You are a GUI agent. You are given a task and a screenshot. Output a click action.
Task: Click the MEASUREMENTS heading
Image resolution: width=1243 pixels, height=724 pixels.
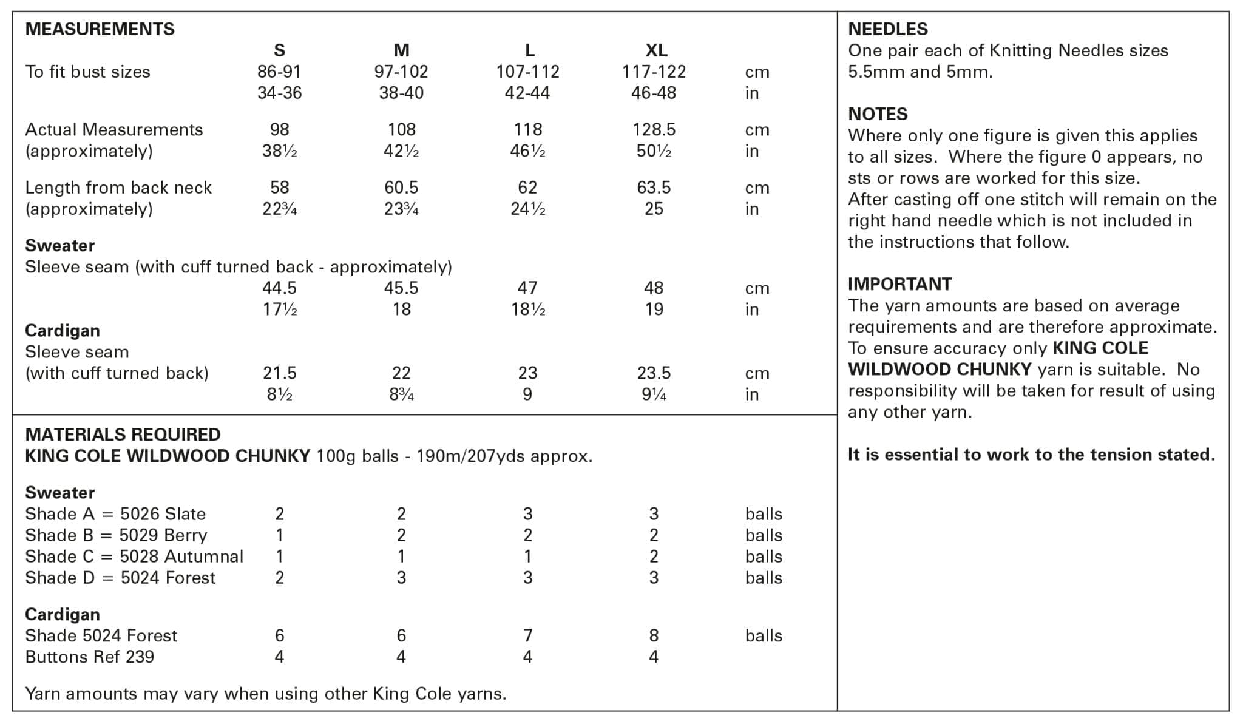(x=100, y=29)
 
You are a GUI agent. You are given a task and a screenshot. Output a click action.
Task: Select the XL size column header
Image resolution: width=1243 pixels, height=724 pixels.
(x=656, y=50)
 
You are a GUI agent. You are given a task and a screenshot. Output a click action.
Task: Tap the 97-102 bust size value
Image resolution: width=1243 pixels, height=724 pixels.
(x=401, y=72)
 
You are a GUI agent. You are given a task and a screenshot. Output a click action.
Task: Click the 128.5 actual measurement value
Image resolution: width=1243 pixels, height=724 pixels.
(x=654, y=129)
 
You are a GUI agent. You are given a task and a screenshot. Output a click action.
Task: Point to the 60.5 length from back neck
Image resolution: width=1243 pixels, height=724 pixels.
(x=401, y=187)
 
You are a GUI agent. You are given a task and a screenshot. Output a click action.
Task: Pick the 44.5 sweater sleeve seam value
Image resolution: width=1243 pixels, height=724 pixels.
(x=279, y=288)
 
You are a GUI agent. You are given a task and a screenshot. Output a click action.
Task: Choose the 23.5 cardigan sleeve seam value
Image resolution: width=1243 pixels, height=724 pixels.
(x=654, y=373)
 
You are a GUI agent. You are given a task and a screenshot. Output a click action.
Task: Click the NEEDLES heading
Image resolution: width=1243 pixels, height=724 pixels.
(x=887, y=29)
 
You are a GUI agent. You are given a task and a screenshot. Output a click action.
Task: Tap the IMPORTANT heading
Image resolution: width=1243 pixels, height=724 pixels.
(x=899, y=284)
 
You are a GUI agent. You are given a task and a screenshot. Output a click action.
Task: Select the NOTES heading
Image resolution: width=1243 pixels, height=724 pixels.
(x=878, y=114)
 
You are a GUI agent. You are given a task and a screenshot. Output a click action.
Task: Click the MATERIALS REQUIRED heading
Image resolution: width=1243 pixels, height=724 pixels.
(x=123, y=435)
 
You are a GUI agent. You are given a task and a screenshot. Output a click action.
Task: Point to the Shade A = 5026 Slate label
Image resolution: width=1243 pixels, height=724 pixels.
(x=115, y=514)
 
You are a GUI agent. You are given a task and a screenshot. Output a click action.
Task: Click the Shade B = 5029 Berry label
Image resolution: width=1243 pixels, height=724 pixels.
(x=116, y=535)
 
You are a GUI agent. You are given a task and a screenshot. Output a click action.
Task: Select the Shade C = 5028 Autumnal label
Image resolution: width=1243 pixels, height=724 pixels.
(x=134, y=557)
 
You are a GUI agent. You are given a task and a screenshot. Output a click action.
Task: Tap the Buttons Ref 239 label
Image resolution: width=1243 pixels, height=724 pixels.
(x=90, y=657)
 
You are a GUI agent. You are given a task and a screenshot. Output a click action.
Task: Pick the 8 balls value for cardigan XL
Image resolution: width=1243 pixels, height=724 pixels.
(x=654, y=635)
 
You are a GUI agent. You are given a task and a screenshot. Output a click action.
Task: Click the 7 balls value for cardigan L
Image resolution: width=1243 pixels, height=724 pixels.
(x=527, y=635)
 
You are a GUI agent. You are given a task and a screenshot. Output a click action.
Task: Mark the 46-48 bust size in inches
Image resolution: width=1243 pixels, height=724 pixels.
(x=654, y=93)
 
